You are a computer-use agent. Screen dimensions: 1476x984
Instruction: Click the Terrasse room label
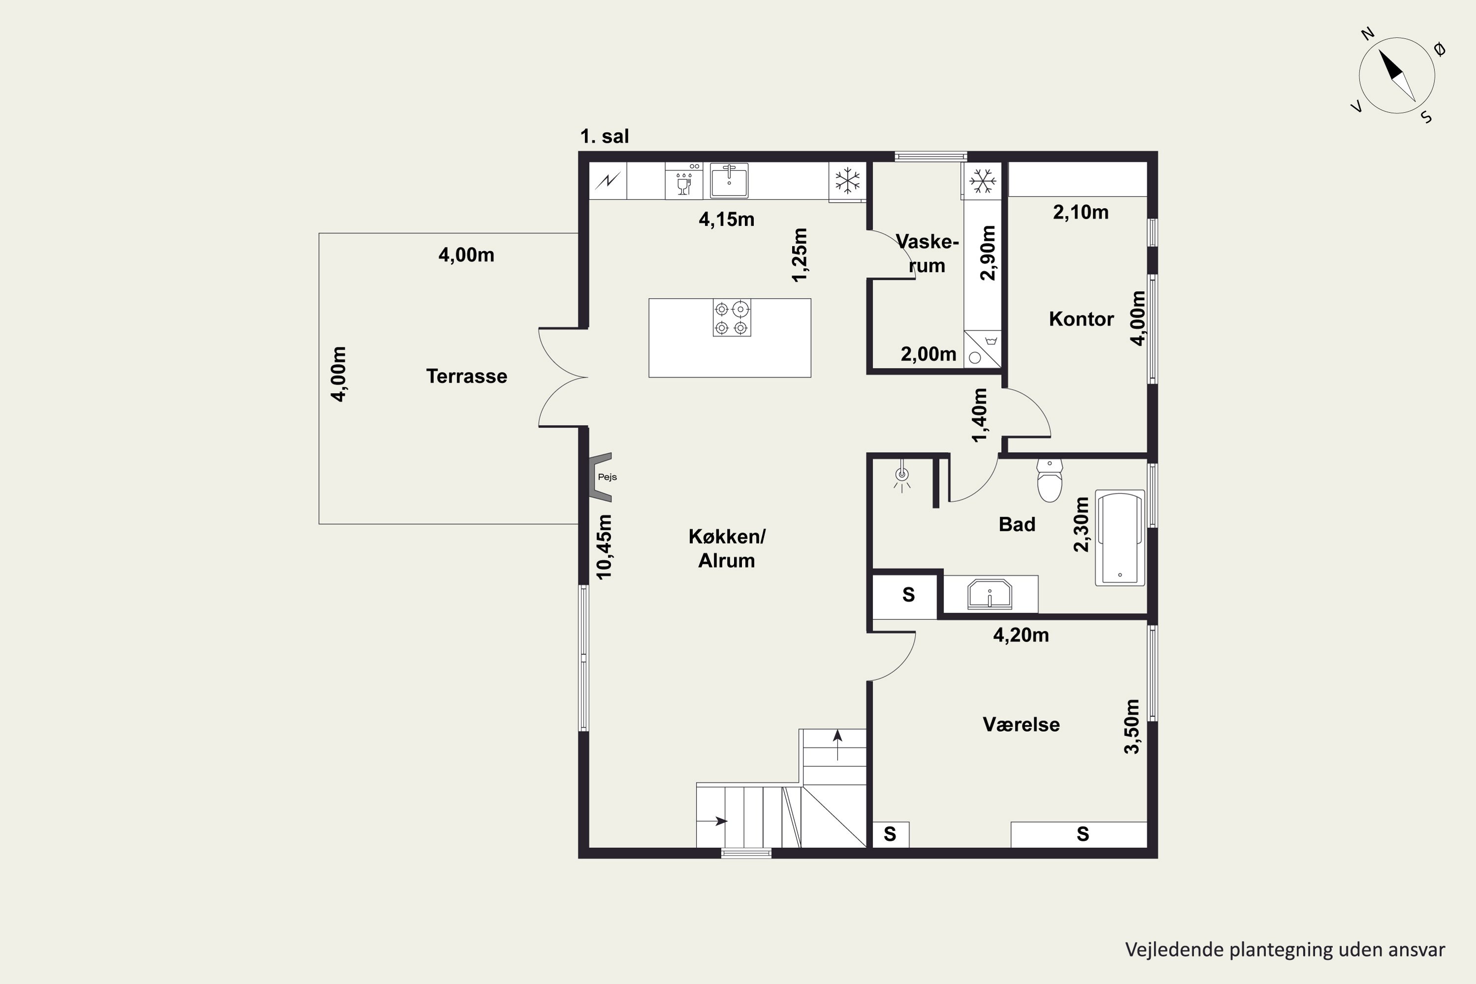(466, 376)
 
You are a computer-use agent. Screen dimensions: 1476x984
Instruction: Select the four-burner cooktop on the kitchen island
(732, 318)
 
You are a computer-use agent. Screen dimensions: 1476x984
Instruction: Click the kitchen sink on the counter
(729, 180)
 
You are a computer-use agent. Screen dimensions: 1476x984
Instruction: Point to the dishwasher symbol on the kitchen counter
(683, 181)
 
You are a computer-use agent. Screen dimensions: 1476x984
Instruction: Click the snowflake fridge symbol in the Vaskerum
(982, 181)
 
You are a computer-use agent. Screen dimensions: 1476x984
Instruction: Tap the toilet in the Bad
(1049, 480)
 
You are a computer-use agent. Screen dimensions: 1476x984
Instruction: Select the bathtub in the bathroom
(1120, 538)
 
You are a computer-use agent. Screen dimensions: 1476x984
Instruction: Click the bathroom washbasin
(989, 594)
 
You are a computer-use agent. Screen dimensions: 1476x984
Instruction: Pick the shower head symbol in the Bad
(902, 476)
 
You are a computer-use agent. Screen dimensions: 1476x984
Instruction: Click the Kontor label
(1081, 319)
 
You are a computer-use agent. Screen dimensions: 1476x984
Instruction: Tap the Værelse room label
(1021, 724)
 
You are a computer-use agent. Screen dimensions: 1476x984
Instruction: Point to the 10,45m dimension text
(604, 547)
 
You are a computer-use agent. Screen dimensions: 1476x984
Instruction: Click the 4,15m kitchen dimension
(726, 219)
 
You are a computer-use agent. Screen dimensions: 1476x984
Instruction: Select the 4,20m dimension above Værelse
(1021, 635)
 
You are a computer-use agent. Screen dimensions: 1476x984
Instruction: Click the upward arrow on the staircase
(837, 745)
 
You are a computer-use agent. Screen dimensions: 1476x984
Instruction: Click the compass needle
(1396, 75)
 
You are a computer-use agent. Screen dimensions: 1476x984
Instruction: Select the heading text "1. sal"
(604, 136)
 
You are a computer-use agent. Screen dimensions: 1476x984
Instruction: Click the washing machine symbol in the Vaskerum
(983, 349)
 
